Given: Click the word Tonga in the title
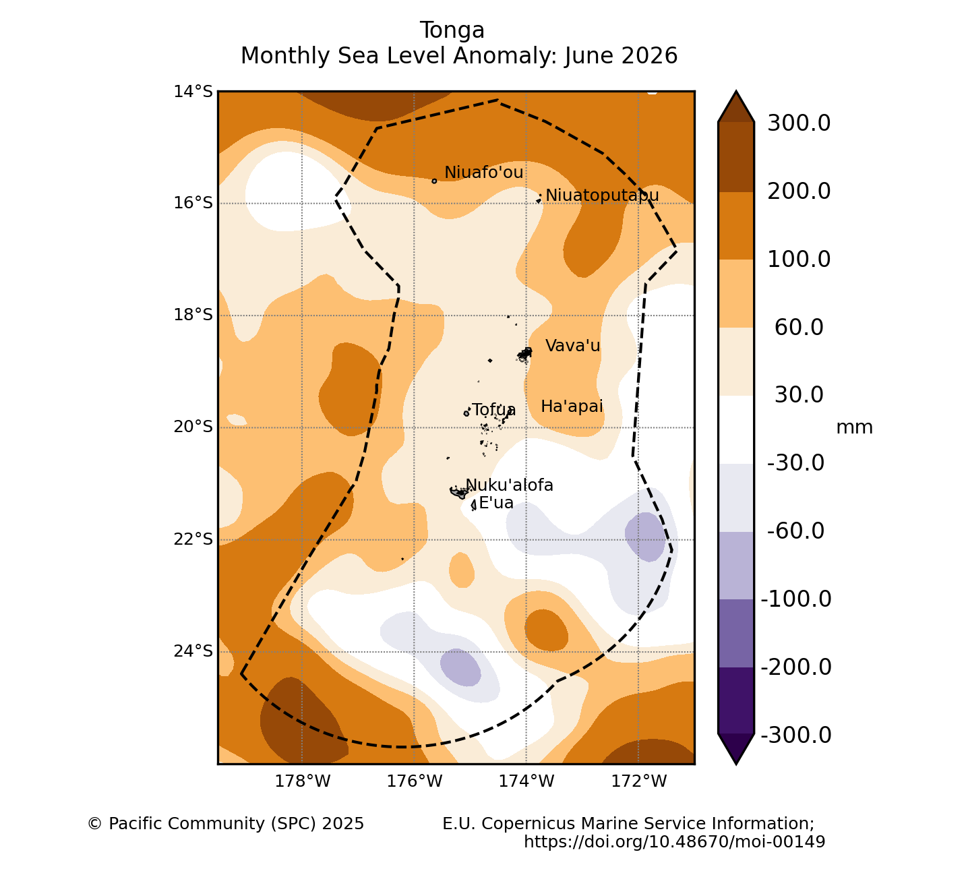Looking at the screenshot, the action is [452, 30].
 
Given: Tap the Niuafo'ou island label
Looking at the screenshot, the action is [483, 172].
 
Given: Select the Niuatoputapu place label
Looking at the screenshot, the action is [602, 195].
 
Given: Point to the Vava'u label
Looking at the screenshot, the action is [572, 345].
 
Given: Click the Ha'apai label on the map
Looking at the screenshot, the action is [572, 407].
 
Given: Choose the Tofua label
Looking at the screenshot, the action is [493, 410].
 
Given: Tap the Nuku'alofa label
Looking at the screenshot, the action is [509, 485].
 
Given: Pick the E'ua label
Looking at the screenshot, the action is [496, 503].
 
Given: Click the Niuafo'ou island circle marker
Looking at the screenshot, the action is [434, 181].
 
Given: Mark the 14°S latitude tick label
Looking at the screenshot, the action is [193, 91].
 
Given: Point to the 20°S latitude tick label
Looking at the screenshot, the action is [193, 427].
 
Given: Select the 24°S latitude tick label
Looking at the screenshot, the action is [193, 651].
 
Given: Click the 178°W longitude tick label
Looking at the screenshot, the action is [303, 781].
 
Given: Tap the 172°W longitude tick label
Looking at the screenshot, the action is [638, 781].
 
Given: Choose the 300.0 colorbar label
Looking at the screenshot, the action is [799, 123].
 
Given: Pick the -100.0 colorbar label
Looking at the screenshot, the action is [796, 599].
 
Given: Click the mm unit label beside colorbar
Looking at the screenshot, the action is [854, 427].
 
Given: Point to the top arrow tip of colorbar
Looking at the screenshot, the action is [736, 90].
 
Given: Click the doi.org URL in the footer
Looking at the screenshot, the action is [674, 841].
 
